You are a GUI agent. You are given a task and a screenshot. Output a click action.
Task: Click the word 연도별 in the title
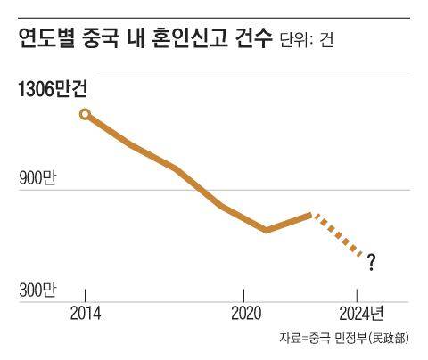[x=45, y=40]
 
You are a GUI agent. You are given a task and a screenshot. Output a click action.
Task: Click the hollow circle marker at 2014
[x=85, y=114]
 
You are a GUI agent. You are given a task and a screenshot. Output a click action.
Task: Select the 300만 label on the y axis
[x=37, y=290]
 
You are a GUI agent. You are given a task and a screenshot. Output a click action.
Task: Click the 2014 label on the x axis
[x=84, y=314]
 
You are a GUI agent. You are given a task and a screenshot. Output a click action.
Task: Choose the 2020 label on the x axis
[x=244, y=314]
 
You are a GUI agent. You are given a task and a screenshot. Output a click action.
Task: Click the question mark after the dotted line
[x=370, y=261]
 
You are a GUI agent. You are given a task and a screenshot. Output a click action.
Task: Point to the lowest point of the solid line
[x=267, y=231]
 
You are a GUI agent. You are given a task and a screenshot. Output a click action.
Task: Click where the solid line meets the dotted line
[x=310, y=215]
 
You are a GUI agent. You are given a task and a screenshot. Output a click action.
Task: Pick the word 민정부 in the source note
[x=350, y=339]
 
